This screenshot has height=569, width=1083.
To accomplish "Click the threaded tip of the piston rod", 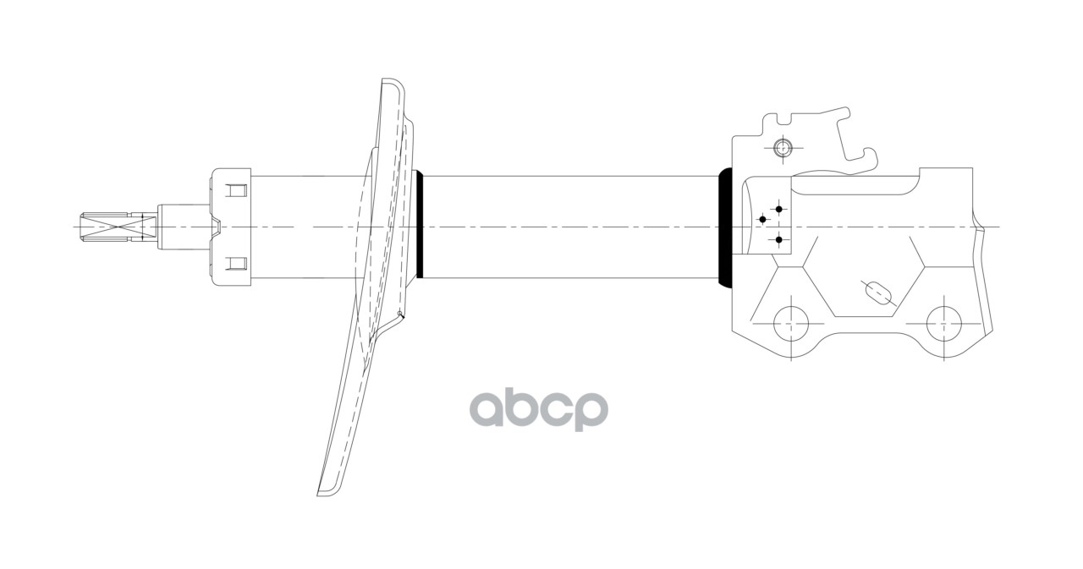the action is pyautogui.click(x=115, y=227).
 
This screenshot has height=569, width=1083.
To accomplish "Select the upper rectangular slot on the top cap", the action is pyautogui.click(x=238, y=191).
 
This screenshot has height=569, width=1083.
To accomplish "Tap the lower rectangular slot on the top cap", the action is pyautogui.click(x=238, y=262).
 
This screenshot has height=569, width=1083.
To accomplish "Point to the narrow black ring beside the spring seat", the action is pyautogui.click(x=419, y=226).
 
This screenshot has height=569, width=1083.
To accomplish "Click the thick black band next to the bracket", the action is pyautogui.click(x=725, y=227).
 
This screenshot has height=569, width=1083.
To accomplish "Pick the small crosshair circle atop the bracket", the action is pyautogui.click(x=783, y=149).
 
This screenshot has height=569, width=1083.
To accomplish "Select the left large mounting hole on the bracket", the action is pyautogui.click(x=791, y=322).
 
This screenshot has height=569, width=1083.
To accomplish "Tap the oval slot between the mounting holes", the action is pyautogui.click(x=877, y=292).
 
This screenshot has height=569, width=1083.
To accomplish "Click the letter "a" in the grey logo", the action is pyautogui.click(x=490, y=410).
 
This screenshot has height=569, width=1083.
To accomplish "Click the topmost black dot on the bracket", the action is pyautogui.click(x=778, y=209).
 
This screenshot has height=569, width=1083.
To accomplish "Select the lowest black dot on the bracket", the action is pyautogui.click(x=778, y=240).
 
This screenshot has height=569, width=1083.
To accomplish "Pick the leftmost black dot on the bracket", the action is pyautogui.click(x=762, y=220).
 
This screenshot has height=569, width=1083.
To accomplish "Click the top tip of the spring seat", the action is pyautogui.click(x=391, y=83).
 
